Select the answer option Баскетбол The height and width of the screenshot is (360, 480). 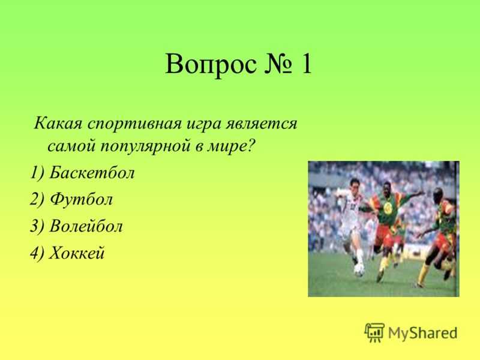click(92, 172)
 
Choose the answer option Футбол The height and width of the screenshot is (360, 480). click(82, 199)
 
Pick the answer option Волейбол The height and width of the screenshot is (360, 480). click(86, 226)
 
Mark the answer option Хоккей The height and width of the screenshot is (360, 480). click(77, 253)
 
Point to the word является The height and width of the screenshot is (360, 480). click(262, 124)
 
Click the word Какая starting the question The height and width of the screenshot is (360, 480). click(58, 124)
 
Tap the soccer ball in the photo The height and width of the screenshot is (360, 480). click(359, 270)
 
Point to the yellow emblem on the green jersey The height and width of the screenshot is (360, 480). click(388, 208)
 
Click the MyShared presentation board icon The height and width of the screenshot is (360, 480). click(374, 332)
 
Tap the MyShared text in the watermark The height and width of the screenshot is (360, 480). click(423, 333)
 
